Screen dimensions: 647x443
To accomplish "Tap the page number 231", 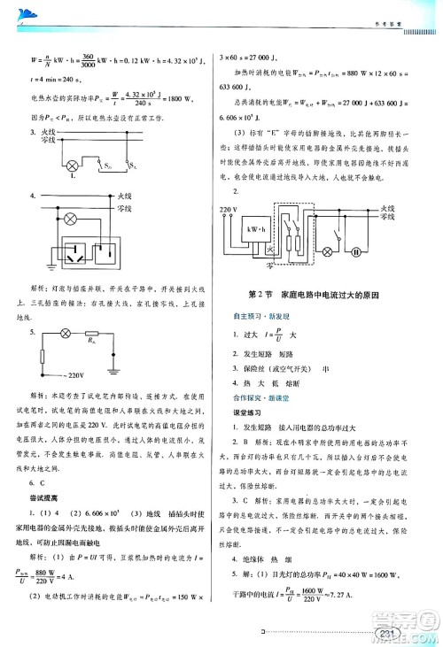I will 386,634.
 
